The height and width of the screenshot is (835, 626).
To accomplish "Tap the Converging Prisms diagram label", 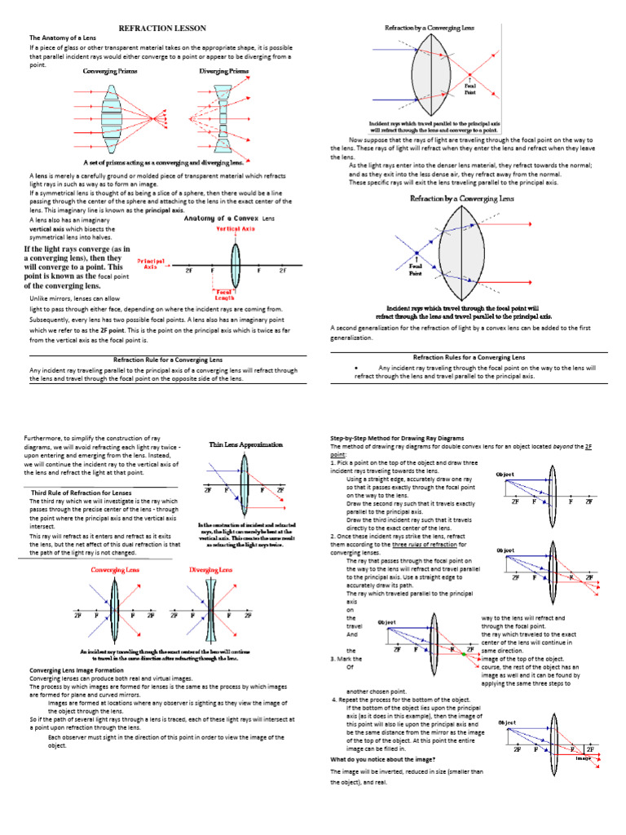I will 111,72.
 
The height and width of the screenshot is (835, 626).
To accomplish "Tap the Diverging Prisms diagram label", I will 225,72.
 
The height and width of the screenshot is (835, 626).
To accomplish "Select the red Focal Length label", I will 223,294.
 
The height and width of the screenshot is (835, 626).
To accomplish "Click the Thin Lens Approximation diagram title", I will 245,444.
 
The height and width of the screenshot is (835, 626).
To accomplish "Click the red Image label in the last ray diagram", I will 581,758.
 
